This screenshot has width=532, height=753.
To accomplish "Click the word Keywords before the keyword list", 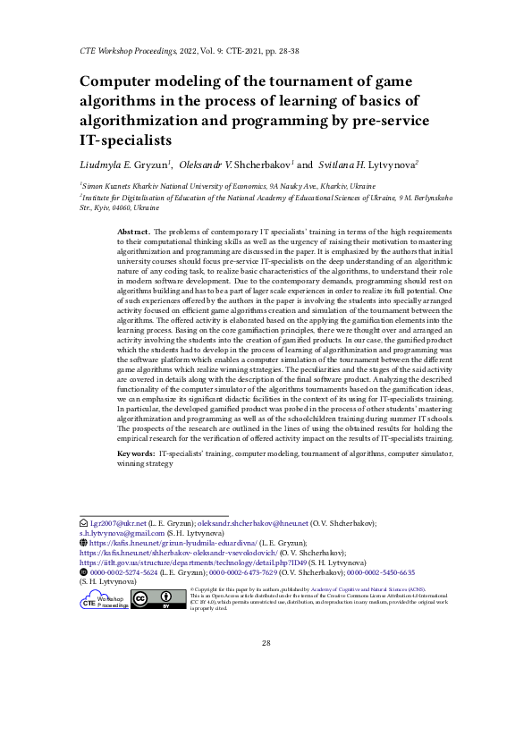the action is pos(136,454).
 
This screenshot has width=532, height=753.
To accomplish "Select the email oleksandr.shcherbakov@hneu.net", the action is pos(260,522).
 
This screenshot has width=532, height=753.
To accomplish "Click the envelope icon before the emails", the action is pos(84,522).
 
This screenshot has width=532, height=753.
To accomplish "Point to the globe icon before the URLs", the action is pos(84,542).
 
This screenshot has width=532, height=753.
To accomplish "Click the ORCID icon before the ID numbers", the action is pos(84,571).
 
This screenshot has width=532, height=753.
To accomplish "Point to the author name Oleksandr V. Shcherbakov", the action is pos(237,165).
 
